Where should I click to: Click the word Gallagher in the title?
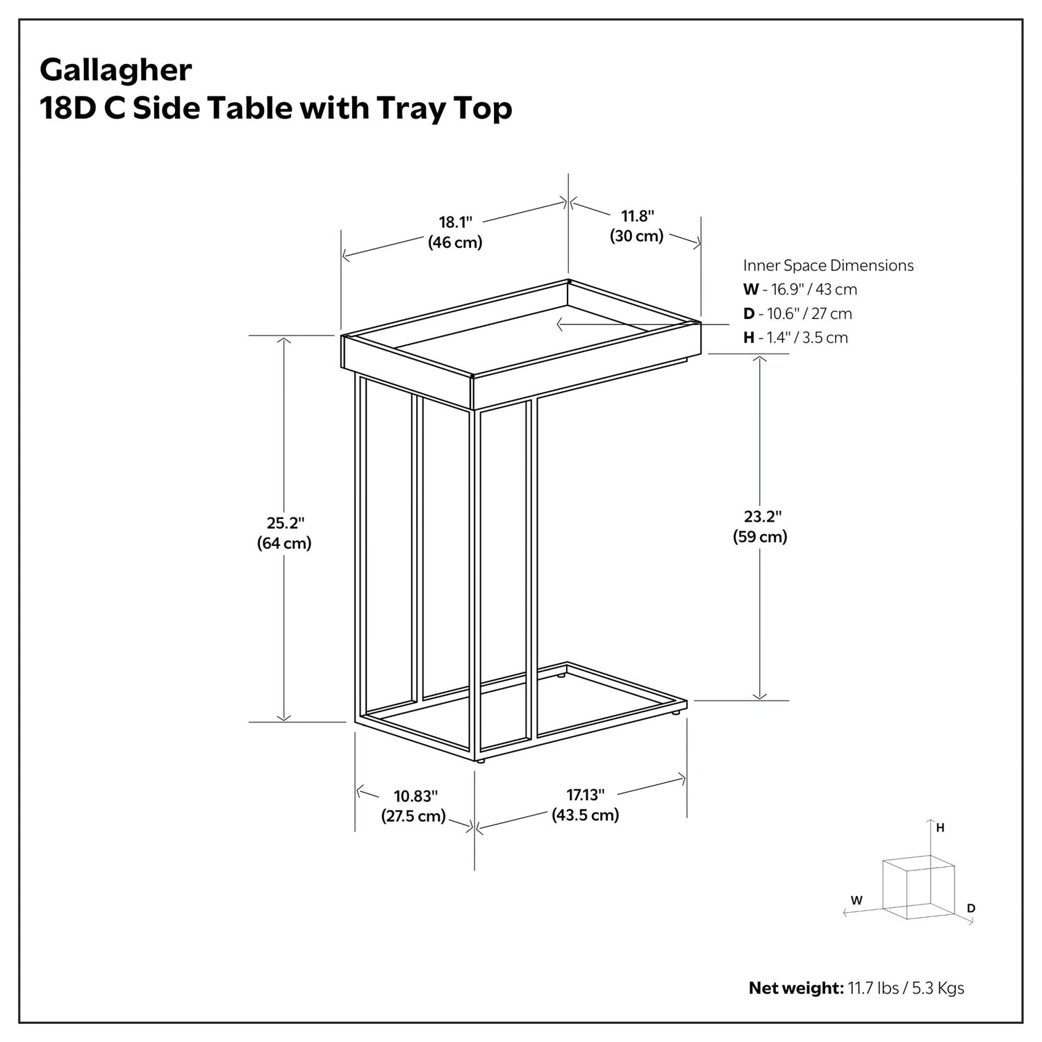tap(116, 71)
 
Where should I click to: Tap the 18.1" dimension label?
tap(456, 222)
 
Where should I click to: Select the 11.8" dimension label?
tap(638, 216)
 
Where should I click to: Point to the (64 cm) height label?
tap(284, 543)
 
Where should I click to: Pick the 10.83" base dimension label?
tap(416, 796)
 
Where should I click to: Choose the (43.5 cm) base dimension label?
tap(586, 815)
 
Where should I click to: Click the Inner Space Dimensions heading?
tap(829, 265)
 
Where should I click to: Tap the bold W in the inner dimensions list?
tap(751, 290)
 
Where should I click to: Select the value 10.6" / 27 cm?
tap(809, 313)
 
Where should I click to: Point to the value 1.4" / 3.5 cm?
tap(807, 338)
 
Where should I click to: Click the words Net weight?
tap(796, 988)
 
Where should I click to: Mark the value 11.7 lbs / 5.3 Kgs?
tap(906, 988)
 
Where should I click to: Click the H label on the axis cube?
tap(940, 828)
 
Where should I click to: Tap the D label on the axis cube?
tap(971, 909)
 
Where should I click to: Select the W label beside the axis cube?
tap(857, 900)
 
